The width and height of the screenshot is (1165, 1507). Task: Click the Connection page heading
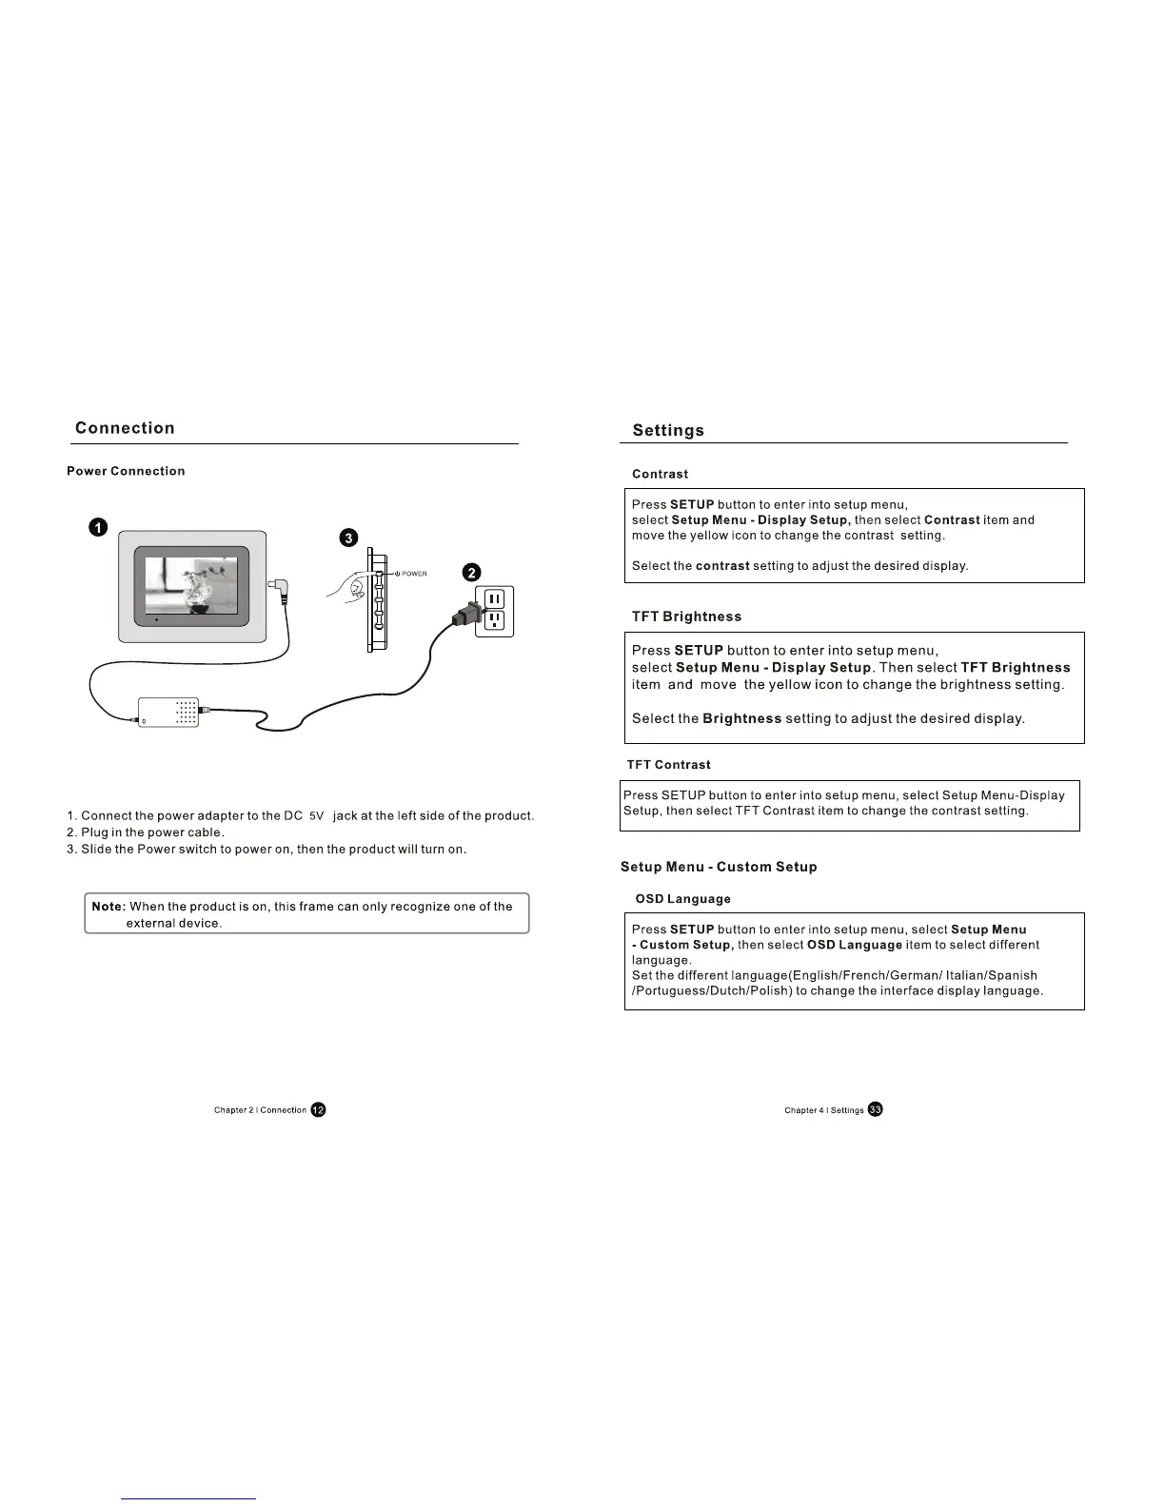(x=125, y=428)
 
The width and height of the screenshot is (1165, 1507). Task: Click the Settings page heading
(x=668, y=430)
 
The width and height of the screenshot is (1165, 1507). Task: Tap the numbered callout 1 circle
(x=98, y=528)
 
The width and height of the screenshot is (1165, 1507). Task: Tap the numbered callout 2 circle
(x=471, y=572)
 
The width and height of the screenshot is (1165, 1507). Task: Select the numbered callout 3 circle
(x=349, y=538)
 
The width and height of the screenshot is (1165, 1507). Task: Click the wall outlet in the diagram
(x=495, y=610)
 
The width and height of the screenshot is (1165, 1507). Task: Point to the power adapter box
(x=168, y=712)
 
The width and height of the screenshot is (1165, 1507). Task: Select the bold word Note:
(x=109, y=907)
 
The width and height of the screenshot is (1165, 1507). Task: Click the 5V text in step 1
(x=317, y=816)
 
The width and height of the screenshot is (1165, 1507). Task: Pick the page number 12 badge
(x=318, y=1109)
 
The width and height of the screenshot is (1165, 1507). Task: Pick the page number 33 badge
(x=875, y=1109)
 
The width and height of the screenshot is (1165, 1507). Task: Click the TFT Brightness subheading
(x=686, y=616)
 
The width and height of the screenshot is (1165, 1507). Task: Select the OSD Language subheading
(x=682, y=899)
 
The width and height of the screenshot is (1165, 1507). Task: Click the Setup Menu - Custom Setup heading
(x=719, y=867)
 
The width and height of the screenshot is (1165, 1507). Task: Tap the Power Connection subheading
(x=126, y=471)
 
